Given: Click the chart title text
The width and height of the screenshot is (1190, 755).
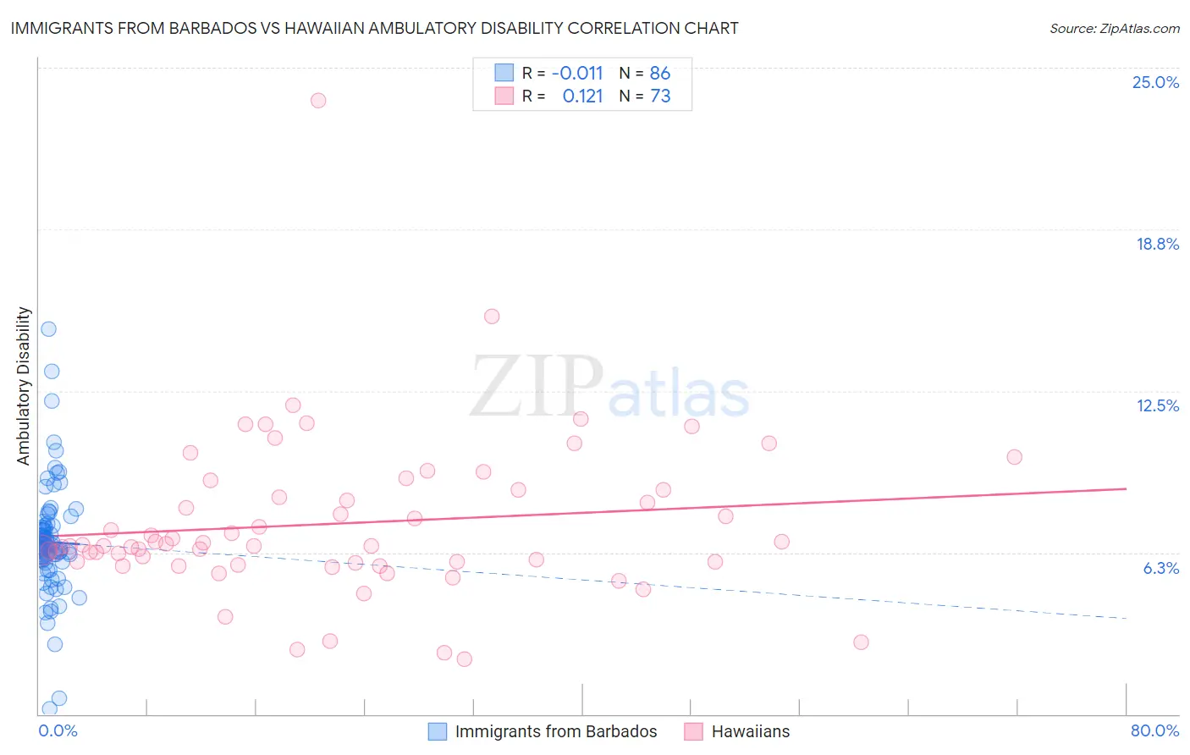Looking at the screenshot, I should pos(374,28).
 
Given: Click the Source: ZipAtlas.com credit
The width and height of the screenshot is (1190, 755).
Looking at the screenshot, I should pos(1114,29).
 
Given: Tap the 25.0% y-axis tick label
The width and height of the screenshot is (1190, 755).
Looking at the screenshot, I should pos(1155,82).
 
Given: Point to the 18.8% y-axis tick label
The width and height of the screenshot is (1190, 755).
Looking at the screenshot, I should pos(1157,244).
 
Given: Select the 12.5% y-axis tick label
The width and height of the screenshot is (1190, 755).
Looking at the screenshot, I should pos(1157,405).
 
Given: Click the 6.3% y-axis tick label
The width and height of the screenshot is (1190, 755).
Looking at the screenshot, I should pos(1160,568).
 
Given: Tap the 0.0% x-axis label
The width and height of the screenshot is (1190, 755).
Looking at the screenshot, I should pos(58,730).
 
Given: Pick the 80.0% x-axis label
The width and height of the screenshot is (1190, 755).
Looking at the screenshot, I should pos(1154,730).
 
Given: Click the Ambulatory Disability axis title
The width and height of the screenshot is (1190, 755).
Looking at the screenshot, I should pos(24,385).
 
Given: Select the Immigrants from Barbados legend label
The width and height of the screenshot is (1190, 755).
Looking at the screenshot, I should pos(555,731).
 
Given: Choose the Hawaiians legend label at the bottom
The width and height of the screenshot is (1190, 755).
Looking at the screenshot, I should pos(750,731).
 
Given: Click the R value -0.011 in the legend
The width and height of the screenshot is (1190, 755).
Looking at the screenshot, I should pos(577,74).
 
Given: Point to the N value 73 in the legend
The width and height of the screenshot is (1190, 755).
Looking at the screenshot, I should pos(660,96).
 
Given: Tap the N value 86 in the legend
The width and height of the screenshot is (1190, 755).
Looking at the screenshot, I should pos(660,74).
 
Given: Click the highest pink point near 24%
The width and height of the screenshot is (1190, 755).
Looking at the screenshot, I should pos(318,100).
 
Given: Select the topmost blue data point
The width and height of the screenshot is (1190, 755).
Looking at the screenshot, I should pos(48,328).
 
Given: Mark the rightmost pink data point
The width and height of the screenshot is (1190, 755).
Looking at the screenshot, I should pos(1014,457).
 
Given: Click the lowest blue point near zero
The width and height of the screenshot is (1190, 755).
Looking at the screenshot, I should pos(50,708).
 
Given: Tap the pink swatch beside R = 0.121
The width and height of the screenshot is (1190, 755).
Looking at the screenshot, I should pos(504,96).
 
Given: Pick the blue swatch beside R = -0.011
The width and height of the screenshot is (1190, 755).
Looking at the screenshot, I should pos(504,73).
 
